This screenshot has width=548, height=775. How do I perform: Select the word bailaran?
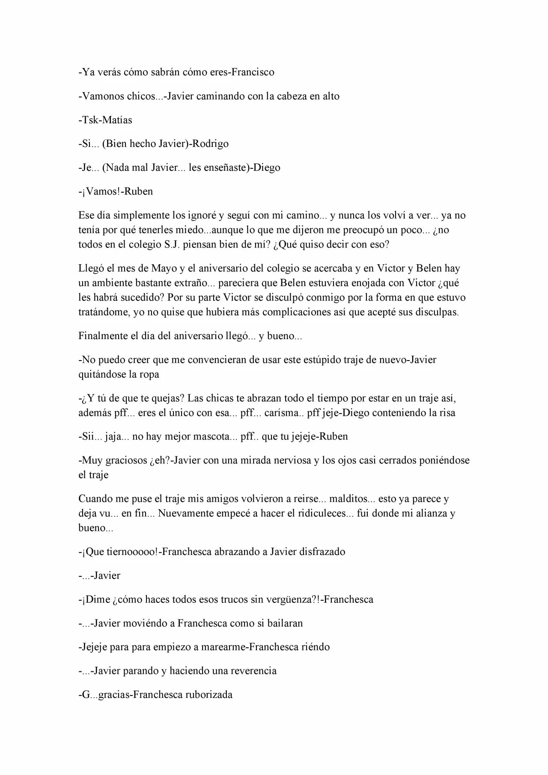[283, 623]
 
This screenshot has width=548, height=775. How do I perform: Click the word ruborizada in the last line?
[208, 694]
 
